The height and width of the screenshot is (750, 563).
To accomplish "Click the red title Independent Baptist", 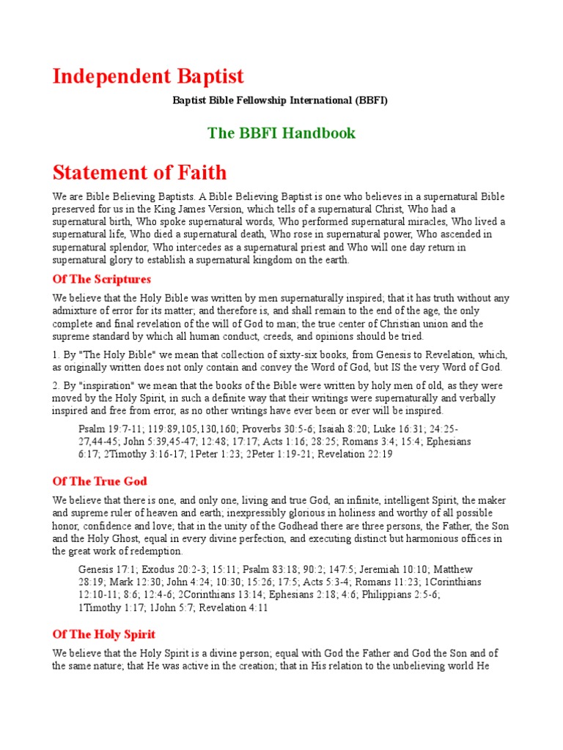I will click(148, 76).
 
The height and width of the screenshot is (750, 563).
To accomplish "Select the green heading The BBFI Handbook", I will click(281, 133).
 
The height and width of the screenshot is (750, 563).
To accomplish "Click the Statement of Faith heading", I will click(139, 173).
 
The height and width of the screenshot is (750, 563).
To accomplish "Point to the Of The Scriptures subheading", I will click(102, 279).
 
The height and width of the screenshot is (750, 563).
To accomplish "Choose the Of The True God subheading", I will click(100, 481).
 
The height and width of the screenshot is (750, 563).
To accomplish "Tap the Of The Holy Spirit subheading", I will click(104, 634).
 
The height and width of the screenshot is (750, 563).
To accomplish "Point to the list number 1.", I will click(55, 354).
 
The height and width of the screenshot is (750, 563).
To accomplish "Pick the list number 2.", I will click(55, 386).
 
